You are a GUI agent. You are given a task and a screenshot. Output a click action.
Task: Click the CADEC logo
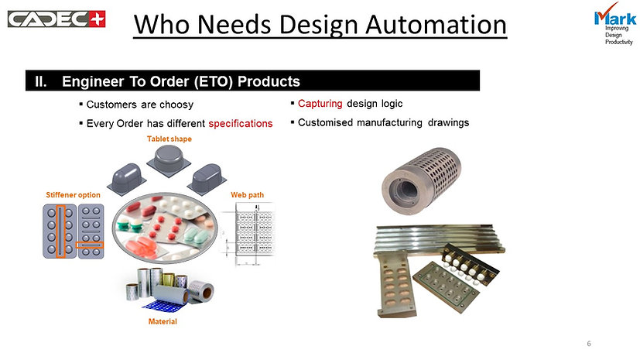point(56,19)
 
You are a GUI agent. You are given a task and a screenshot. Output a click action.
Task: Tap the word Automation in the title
point(436,25)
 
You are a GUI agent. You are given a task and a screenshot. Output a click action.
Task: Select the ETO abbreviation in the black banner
point(213,81)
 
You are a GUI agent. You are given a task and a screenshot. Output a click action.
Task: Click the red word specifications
point(241,124)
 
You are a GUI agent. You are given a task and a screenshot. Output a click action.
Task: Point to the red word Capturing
point(320,104)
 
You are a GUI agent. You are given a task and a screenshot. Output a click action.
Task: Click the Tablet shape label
point(169,139)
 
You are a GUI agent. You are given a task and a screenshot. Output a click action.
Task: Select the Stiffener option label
point(73,195)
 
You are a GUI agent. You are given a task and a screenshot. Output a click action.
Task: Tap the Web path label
point(248,195)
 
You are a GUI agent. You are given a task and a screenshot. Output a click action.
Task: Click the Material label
point(163,321)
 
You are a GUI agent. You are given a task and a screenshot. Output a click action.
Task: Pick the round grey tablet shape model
point(169,160)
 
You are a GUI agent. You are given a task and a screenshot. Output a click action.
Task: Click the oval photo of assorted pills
point(165,228)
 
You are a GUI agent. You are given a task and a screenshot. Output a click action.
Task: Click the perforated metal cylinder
point(421,180)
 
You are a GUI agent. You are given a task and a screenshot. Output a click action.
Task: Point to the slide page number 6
point(589,344)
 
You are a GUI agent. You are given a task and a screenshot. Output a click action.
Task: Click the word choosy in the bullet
point(176,105)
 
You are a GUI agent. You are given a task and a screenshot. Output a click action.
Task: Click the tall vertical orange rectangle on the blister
point(60,231)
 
